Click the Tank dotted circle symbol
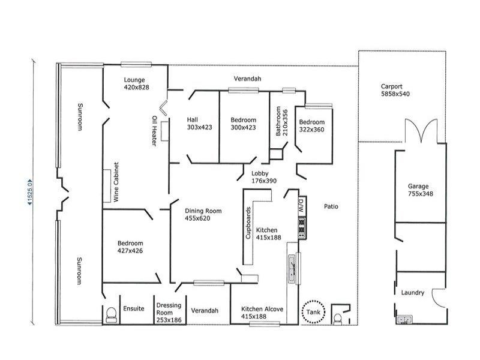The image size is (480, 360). [313, 311]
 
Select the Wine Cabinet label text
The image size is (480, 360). [118, 181]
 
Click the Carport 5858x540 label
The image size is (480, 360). [394, 90]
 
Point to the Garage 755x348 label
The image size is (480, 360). [420, 190]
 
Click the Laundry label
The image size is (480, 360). [413, 293]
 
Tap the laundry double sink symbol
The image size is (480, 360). [403, 320]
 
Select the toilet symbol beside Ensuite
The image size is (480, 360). [110, 315]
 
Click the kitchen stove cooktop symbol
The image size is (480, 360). [301, 226]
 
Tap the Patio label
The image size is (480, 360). [331, 206]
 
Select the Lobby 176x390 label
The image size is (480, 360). [263, 177]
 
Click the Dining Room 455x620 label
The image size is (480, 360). [203, 215]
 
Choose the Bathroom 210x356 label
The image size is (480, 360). [281, 122]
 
